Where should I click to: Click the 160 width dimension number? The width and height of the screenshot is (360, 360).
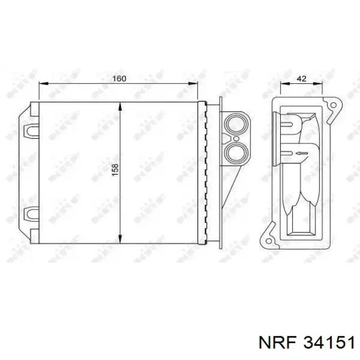pos(119,79)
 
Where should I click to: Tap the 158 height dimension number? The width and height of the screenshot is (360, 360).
pos(115,170)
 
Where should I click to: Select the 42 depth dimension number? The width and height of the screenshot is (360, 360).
pos(302,79)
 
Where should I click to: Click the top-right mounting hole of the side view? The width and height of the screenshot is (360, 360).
pos(333,105)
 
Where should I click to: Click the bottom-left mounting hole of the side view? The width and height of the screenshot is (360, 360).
pos(267,238)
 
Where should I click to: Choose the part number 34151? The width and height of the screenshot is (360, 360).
pos(329,343)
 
